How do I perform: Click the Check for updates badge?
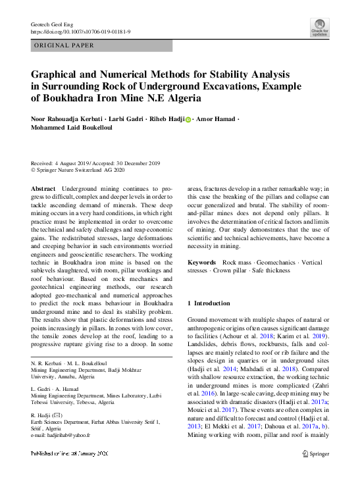tap(319, 27)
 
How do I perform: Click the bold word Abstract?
tap(43, 188)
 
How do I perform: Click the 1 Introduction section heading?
tap(209, 303)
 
